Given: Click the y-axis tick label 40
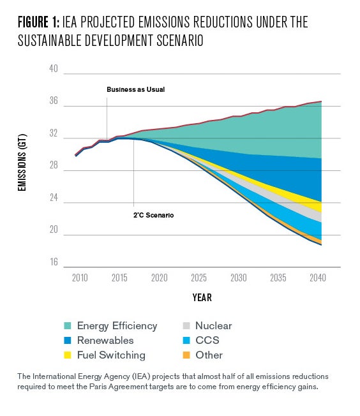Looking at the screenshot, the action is coord(54,69).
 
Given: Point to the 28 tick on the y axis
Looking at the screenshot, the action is coord(54,165).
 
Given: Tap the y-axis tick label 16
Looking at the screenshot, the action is coord(54,262).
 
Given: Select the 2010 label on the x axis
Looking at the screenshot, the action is coord(80,278).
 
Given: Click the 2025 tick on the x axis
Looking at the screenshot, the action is coord(199,278).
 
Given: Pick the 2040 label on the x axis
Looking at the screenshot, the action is coord(318,278).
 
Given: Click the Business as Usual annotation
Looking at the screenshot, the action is coord(136,90).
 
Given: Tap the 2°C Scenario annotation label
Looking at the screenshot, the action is coord(153,215).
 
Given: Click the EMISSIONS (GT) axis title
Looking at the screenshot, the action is coord(22,163).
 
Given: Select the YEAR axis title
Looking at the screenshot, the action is coord(202,298).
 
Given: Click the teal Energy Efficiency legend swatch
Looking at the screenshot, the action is coord(68,326).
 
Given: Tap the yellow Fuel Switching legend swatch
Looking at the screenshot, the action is coord(68,355).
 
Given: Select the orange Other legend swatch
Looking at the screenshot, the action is coord(186,355).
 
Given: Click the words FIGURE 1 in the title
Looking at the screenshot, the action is coord(39,22).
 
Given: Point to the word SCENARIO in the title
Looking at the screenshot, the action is coord(180,41).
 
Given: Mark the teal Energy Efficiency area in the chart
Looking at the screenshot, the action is coord(266,133).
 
